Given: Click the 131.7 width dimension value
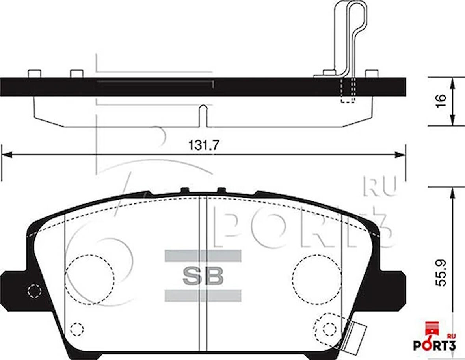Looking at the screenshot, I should coord(203,145).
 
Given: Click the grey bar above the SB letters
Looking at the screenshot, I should coord(203,256).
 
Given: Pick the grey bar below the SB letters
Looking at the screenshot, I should coord(203,296).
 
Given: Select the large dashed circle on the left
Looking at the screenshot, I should coord(89,279).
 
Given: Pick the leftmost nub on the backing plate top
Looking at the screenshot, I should coord(34,74).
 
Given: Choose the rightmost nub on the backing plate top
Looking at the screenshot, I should coord(371,74).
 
